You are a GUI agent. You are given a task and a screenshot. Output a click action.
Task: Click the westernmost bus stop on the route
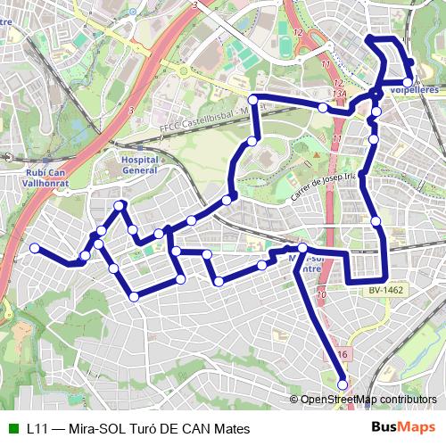point(34,247)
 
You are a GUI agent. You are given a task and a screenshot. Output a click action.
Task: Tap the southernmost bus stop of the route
point(343,384)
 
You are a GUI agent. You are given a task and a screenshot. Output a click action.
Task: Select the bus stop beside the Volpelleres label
point(408,82)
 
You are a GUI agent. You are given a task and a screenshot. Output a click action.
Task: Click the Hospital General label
point(138,164)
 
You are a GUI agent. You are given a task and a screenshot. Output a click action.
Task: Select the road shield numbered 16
point(343,355)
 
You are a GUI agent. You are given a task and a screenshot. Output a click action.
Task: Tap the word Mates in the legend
point(227,428)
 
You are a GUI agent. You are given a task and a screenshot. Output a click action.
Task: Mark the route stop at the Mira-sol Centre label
point(302,247)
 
